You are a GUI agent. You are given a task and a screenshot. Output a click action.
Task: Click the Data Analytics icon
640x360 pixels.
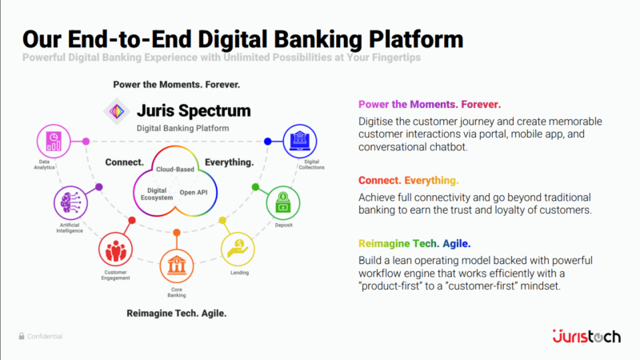pyautogui.click(x=54, y=142)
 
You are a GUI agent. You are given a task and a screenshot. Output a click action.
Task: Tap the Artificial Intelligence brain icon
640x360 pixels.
pyautogui.click(x=69, y=202)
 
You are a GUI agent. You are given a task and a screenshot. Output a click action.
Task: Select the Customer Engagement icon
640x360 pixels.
pyautogui.click(x=115, y=249)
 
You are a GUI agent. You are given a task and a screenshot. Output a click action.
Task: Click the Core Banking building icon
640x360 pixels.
pyautogui.click(x=176, y=263)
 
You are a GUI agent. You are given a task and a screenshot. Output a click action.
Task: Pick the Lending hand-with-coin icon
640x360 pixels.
pyautogui.click(x=238, y=249)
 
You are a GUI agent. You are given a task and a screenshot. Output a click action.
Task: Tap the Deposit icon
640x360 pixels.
pyautogui.click(x=283, y=202)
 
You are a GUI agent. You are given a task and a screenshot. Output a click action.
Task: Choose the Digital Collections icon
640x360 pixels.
pyautogui.click(x=300, y=141)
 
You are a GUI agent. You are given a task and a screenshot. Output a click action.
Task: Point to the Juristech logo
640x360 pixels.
pyautogui.click(x=586, y=336)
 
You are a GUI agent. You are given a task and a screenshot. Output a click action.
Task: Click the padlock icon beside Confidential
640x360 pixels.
pyautogui.click(x=22, y=337)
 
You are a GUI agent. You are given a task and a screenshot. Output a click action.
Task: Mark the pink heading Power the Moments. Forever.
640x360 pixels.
pyautogui.click(x=430, y=105)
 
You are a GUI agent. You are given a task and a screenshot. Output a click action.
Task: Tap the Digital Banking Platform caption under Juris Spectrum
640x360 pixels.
pyautogui.click(x=182, y=128)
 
